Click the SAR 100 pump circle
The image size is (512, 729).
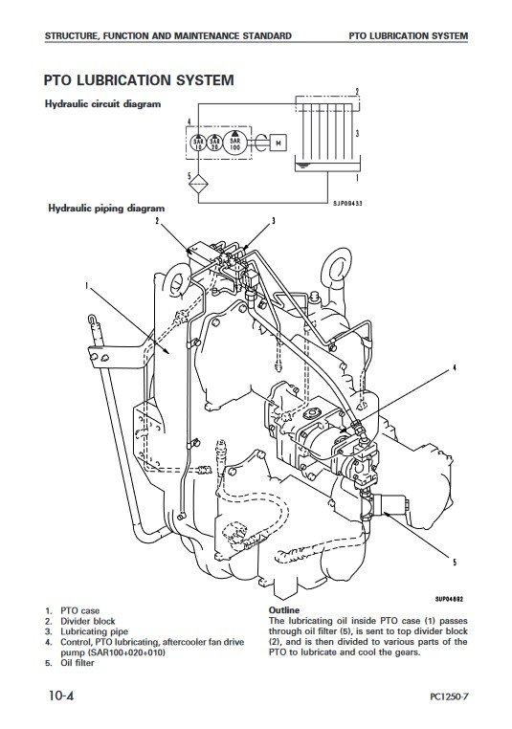click(234, 142)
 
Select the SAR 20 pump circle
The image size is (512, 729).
click(214, 143)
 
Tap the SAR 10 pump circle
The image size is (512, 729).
click(198, 143)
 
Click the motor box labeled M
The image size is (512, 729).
click(278, 143)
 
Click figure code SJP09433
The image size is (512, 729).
click(347, 203)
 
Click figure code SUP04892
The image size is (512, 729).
click(449, 599)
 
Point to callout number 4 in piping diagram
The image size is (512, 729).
click(455, 368)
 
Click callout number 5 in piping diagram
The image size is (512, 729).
click(455, 563)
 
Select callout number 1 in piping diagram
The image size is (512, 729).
click(86, 285)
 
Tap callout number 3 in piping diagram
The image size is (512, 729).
click(274, 221)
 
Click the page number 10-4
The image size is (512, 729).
click(62, 696)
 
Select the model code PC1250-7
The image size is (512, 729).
click(449, 696)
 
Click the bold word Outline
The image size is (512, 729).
click(284, 610)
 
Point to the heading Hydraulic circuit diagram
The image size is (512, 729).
click(102, 104)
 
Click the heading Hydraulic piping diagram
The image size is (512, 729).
click(106, 209)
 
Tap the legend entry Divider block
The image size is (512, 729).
click(88, 621)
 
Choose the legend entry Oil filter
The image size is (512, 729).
click(78, 663)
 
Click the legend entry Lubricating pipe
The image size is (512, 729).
click(95, 631)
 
